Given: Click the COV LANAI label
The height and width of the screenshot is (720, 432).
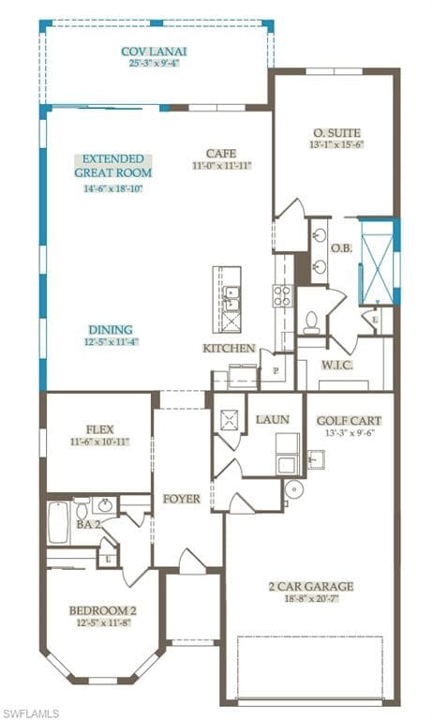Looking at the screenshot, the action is coord(154,52).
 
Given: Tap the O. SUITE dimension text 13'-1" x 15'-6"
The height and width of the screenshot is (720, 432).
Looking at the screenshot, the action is coord(337,144).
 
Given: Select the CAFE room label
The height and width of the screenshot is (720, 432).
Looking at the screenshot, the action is coord(221,154).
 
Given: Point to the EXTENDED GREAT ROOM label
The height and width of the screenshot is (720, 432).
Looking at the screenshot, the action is coord(113,166).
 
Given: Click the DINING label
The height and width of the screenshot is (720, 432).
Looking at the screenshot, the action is coord(111,330).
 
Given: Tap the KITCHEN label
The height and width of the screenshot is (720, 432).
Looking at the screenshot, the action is coord(229,349).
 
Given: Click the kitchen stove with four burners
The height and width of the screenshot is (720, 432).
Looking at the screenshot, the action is coord(283,295).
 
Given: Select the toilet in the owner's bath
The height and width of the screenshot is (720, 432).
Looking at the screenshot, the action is coord(312,322).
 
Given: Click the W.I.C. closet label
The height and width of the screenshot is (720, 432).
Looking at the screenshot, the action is coord(337,366).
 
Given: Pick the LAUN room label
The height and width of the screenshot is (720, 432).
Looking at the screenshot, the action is coord(273,419).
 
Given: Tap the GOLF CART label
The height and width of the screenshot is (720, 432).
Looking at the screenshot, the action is coord(349,421).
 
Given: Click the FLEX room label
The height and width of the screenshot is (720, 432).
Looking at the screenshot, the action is coord(100,429).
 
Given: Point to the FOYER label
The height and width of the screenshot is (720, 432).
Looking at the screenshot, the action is coord(182,499).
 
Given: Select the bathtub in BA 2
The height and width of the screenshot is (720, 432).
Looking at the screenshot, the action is coord(58,522).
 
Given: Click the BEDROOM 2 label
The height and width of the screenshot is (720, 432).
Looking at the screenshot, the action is coord(103,610).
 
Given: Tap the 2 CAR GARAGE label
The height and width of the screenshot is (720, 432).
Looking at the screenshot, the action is coord(311,586).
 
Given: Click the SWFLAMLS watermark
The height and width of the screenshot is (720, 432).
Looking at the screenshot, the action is coord(29,713).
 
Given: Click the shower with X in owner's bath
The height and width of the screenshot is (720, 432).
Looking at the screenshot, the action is coord(377,262).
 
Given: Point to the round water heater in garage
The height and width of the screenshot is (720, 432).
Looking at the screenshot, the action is coord(293,489).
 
